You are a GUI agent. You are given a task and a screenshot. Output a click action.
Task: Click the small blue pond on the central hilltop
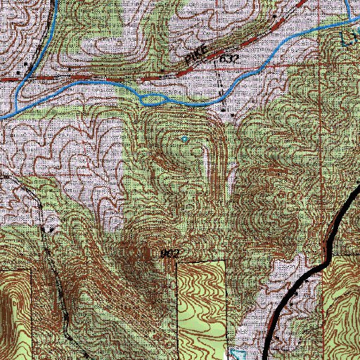185,139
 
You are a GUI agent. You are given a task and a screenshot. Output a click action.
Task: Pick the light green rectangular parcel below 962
202,295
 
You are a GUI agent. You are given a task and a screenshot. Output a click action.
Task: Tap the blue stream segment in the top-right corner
350,11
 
